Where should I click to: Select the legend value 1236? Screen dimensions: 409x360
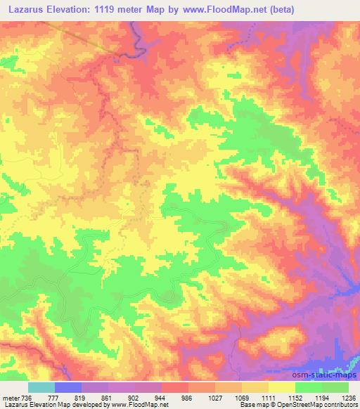(x=347, y=398)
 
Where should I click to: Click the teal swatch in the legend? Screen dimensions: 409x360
(x=41, y=387)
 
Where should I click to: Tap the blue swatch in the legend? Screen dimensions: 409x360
(x=68, y=387)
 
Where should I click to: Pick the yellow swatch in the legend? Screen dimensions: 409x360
(x=282, y=387)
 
